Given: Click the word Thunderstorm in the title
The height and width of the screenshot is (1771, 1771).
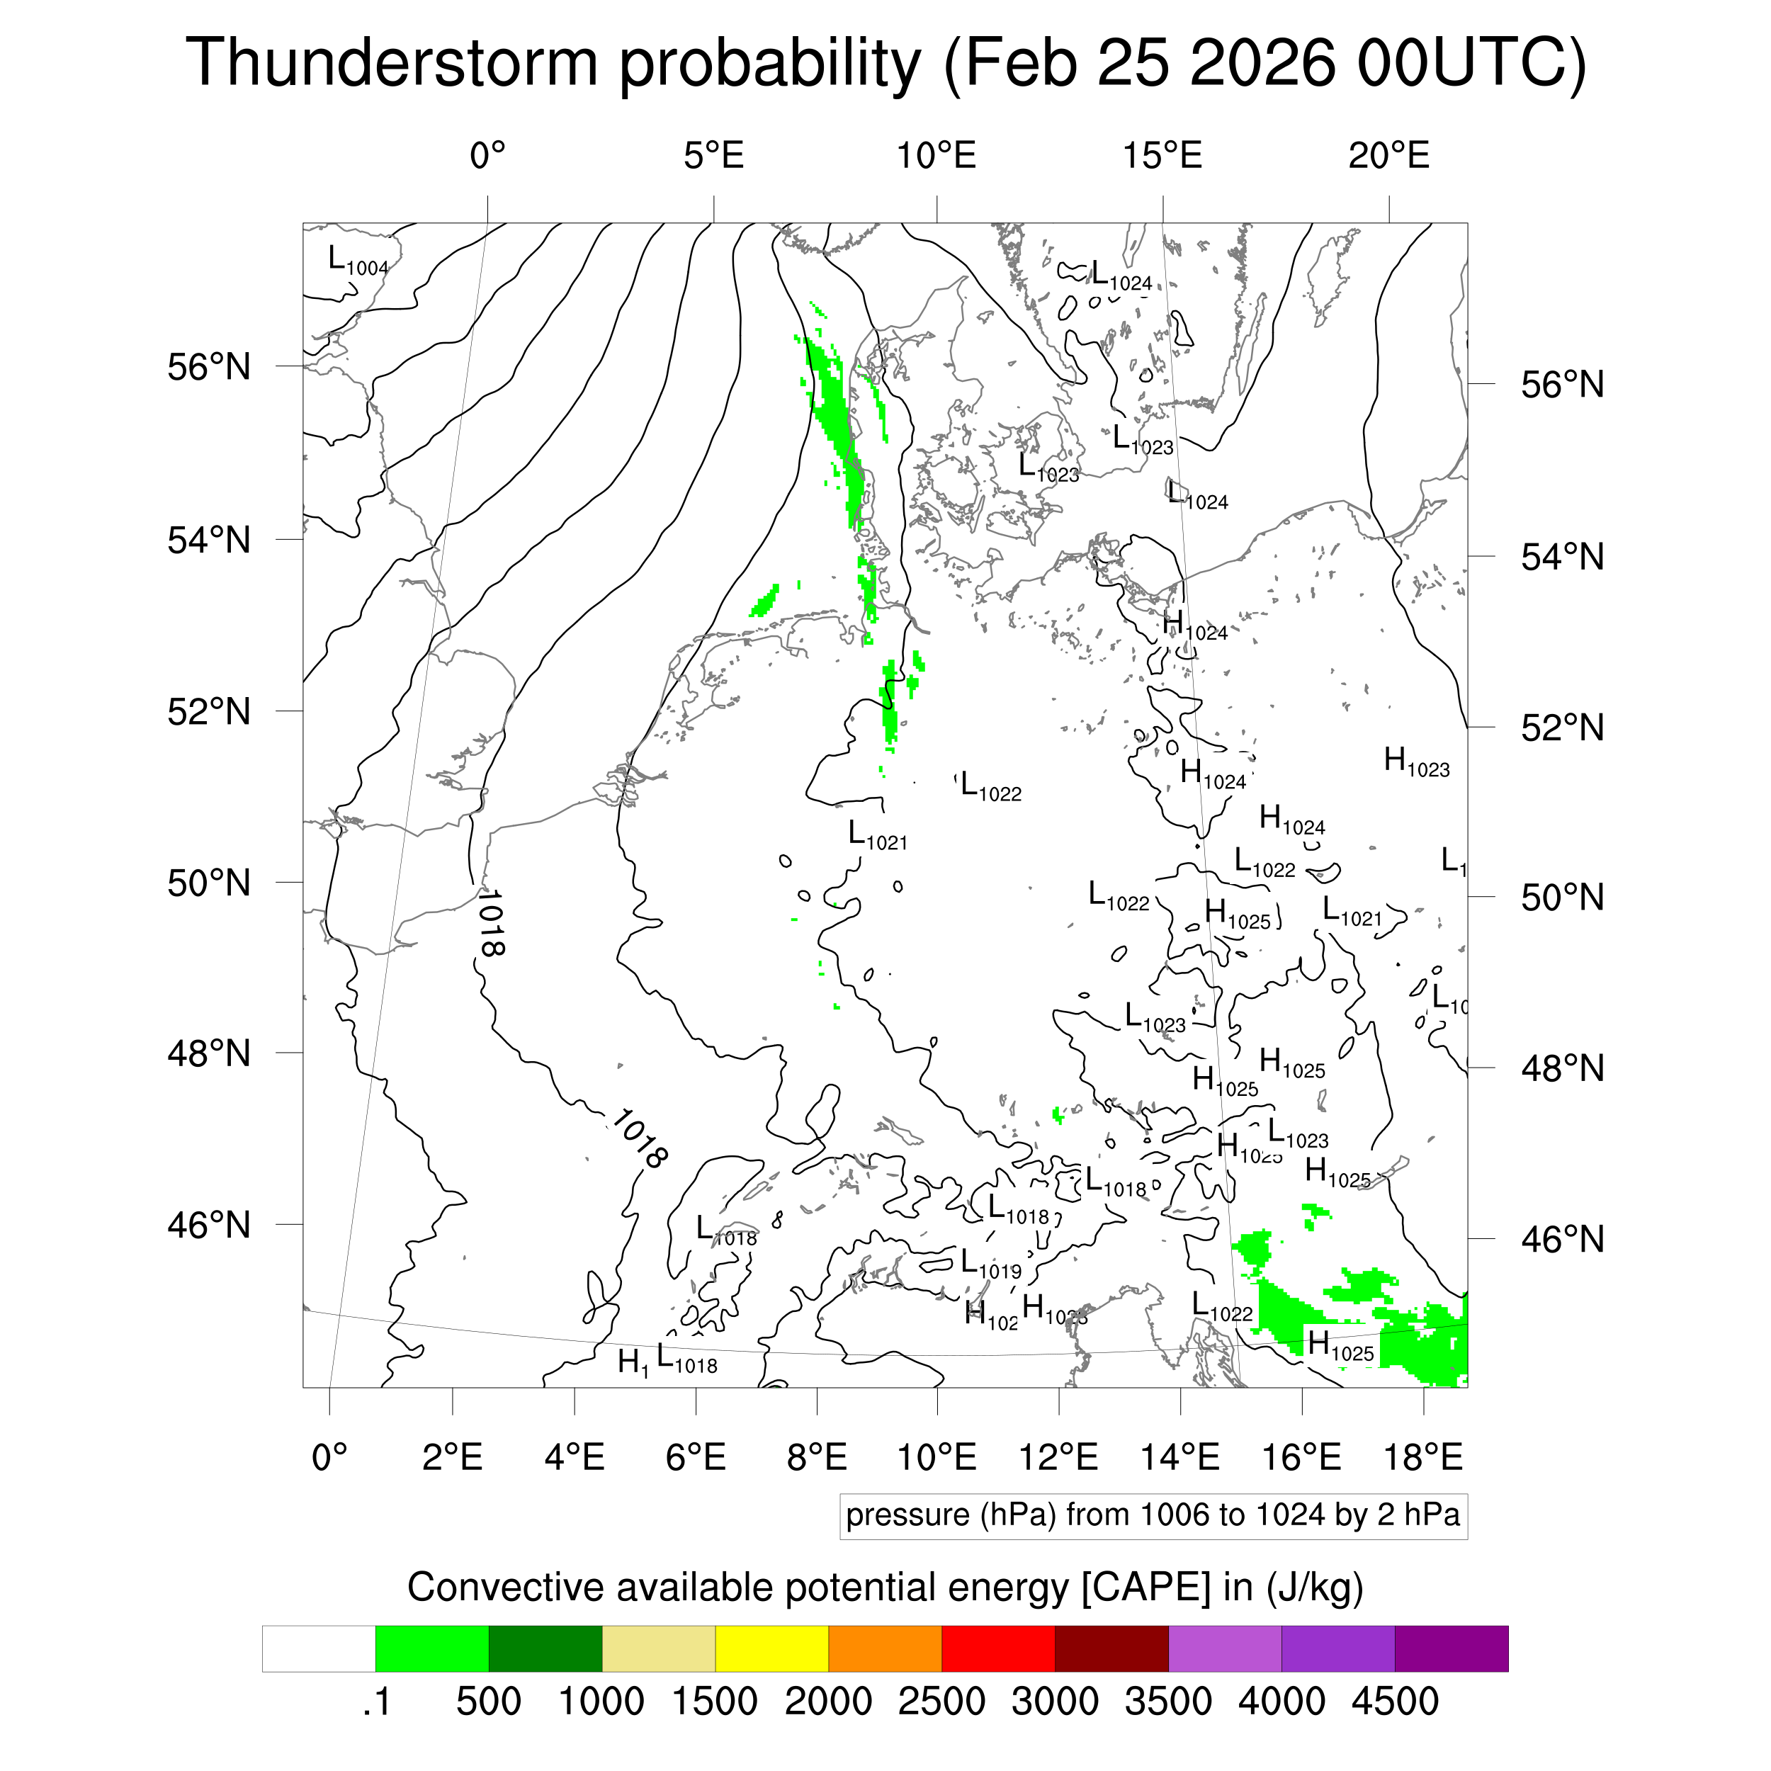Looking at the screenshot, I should pyautogui.click(x=392, y=63).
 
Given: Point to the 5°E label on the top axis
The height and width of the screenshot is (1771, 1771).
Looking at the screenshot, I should pyautogui.click(x=713, y=156).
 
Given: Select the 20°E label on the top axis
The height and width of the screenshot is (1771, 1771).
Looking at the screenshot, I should pyautogui.click(x=1388, y=156).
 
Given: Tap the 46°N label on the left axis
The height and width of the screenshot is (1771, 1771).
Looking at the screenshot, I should pyautogui.click(x=209, y=1225).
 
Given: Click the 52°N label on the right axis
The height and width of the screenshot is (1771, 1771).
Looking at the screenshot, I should pyautogui.click(x=1562, y=728).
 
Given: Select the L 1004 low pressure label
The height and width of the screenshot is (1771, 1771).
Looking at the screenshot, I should pyautogui.click(x=358, y=261).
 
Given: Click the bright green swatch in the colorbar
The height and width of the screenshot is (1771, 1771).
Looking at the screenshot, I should pyautogui.click(x=431, y=1649).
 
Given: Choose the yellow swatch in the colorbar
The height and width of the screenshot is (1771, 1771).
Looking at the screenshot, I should pyautogui.click(x=772, y=1649).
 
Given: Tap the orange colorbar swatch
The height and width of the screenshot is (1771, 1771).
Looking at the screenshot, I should pyautogui.click(x=885, y=1649).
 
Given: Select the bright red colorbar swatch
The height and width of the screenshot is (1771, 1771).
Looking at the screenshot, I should pyautogui.click(x=998, y=1649).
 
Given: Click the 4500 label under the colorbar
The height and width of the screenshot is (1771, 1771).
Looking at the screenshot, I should pyautogui.click(x=1394, y=1702).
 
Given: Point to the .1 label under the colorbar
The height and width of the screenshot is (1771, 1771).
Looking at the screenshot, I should pyautogui.click(x=377, y=1702).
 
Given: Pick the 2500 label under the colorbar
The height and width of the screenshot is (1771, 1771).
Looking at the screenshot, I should pyautogui.click(x=941, y=1702).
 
